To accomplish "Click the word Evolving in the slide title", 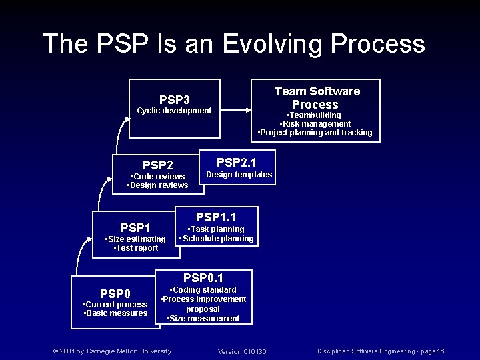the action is (x=272, y=44).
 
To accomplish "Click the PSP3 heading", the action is (x=174, y=99).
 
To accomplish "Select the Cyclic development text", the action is (x=174, y=111).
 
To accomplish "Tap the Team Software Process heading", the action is (x=317, y=97).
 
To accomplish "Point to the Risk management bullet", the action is (x=315, y=124).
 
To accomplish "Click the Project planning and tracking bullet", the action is (x=315, y=133).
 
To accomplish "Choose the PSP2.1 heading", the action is (x=237, y=162).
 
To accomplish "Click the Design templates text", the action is (x=239, y=175).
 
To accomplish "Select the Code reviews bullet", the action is (x=158, y=177).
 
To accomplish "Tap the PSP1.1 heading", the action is (x=215, y=217).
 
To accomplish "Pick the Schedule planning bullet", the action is (x=217, y=239).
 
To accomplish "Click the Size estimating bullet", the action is (x=137, y=239).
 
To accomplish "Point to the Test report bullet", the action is (x=137, y=248).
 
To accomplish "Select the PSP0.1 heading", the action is (x=203, y=277).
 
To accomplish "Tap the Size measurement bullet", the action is (x=203, y=319).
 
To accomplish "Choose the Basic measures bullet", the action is (x=116, y=313).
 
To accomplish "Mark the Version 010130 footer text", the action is (x=242, y=351).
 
